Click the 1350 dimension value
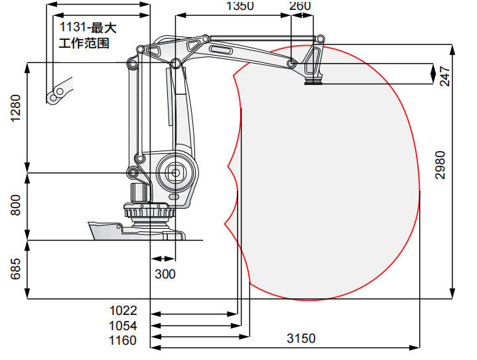point(240,5)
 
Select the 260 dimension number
point(300,5)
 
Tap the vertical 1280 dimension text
point(15,108)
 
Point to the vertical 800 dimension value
point(15,206)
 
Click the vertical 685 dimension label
point(15,269)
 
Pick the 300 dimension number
point(165,274)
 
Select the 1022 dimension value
point(123,310)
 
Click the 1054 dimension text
point(123,326)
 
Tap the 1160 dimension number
point(123,340)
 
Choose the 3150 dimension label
point(301,338)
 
